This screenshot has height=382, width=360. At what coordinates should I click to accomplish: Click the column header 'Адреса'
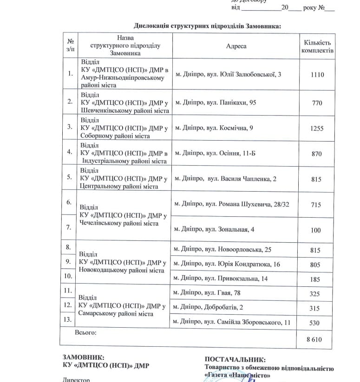[x=236, y=46]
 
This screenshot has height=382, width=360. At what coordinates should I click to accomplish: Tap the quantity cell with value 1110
[x=317, y=74]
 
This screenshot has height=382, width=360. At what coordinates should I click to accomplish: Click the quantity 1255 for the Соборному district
[x=317, y=128]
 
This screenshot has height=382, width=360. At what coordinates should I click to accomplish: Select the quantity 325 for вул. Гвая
[x=316, y=293]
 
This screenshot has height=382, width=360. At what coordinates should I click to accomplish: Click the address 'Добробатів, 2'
[x=208, y=307]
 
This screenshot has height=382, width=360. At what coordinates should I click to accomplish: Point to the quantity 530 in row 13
[x=316, y=322]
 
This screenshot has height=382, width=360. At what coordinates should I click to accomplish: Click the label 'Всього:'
[x=85, y=333]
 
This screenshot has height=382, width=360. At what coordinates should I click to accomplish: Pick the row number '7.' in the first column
[x=69, y=227]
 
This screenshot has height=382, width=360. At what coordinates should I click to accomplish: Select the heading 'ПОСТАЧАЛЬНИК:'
[x=235, y=359]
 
